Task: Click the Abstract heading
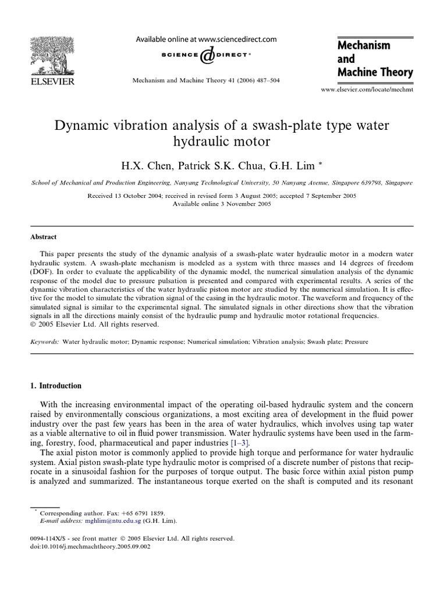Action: (44, 237)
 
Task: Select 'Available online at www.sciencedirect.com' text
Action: (206, 40)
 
